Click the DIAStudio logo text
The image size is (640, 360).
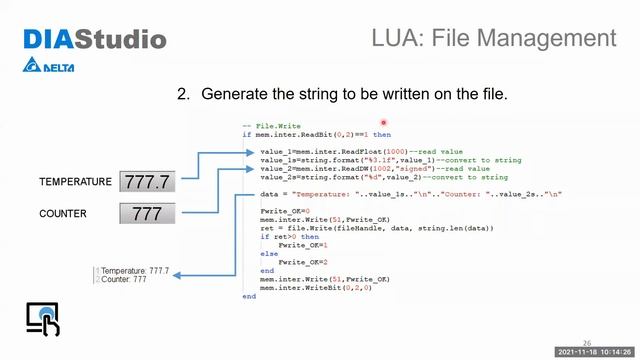tap(95, 40)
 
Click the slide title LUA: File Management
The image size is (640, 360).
tap(493, 39)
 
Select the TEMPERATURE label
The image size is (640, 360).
tap(75, 182)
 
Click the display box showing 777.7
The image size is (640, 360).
tap(147, 182)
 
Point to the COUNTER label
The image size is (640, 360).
tap(63, 214)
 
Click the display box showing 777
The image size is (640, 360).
tap(147, 214)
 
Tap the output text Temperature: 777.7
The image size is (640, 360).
tap(134, 271)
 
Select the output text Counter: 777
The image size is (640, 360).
tap(123, 279)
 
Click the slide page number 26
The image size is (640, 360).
tap(587, 342)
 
